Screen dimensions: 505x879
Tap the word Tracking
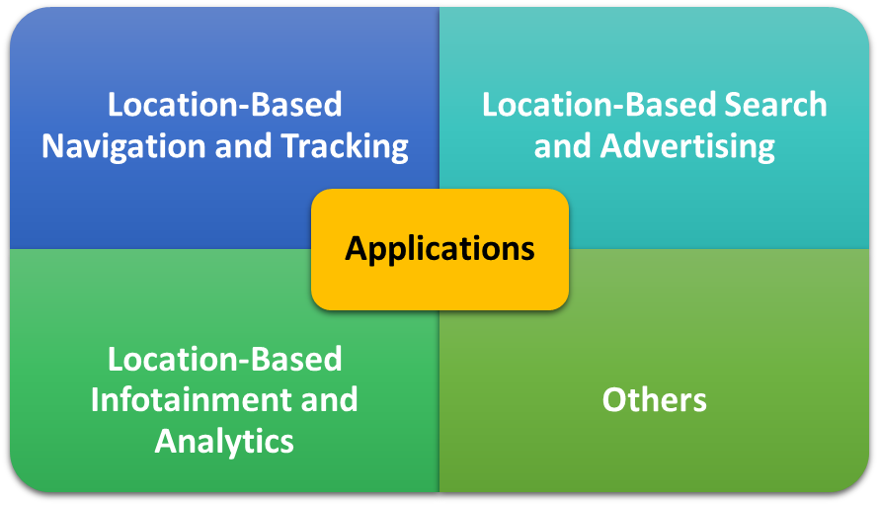pyautogui.click(x=345, y=146)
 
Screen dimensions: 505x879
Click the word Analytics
pyautogui.click(x=224, y=440)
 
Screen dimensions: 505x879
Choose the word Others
pyautogui.click(x=654, y=400)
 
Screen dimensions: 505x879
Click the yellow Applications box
pyautogui.click(x=439, y=249)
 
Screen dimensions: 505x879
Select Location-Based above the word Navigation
pyautogui.click(x=224, y=105)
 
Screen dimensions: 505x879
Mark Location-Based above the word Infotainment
pyautogui.click(x=224, y=359)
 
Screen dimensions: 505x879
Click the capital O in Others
pyautogui.click(x=614, y=400)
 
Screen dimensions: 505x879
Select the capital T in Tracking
pyautogui.click(x=291, y=146)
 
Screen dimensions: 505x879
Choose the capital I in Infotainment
pyautogui.click(x=96, y=400)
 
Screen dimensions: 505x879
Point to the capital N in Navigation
pyautogui.click(x=53, y=146)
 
